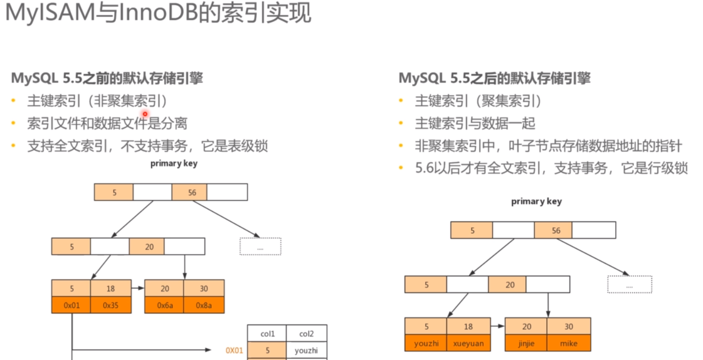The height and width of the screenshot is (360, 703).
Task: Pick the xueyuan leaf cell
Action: (x=468, y=344)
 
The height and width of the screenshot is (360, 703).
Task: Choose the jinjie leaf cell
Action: (x=526, y=344)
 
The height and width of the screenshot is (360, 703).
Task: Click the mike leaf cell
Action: (x=569, y=344)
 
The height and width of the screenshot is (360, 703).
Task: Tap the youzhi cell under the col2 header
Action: (x=307, y=351)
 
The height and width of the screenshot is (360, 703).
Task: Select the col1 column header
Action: (x=267, y=333)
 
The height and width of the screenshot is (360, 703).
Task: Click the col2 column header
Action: (x=307, y=333)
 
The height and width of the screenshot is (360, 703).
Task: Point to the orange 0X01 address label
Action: (x=234, y=351)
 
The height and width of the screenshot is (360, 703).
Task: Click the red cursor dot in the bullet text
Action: (x=145, y=114)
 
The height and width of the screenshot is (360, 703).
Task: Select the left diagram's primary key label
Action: (x=174, y=164)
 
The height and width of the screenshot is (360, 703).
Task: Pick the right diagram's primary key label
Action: (x=536, y=201)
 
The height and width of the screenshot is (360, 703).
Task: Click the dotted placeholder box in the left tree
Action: (x=260, y=247)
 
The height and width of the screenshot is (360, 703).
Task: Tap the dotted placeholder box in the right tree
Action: (x=630, y=285)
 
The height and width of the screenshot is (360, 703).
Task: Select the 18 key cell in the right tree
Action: (x=468, y=327)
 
